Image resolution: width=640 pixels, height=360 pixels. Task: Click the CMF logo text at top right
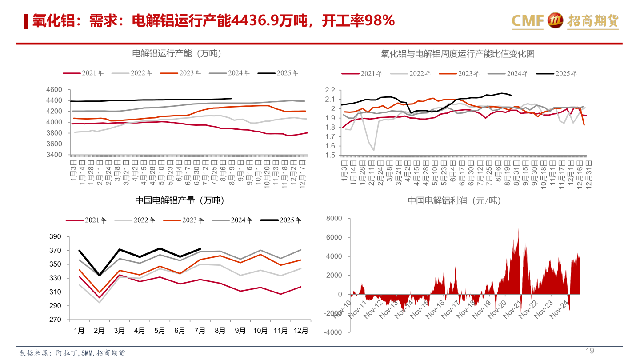tap(528, 20)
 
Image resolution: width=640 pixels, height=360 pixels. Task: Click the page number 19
tap(590, 351)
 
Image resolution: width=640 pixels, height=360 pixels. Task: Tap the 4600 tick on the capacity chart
tap(54, 90)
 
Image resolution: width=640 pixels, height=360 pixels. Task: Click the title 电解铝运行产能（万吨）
tap(177, 54)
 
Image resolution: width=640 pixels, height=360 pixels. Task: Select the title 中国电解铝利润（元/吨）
tap(454, 201)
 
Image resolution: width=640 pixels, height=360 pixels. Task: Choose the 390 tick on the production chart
tap(55, 237)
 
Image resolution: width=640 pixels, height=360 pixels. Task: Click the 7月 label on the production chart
tap(200, 331)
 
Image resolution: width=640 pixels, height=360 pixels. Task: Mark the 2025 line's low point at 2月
tap(99, 276)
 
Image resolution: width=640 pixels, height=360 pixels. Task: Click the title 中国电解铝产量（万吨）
tap(180, 201)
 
